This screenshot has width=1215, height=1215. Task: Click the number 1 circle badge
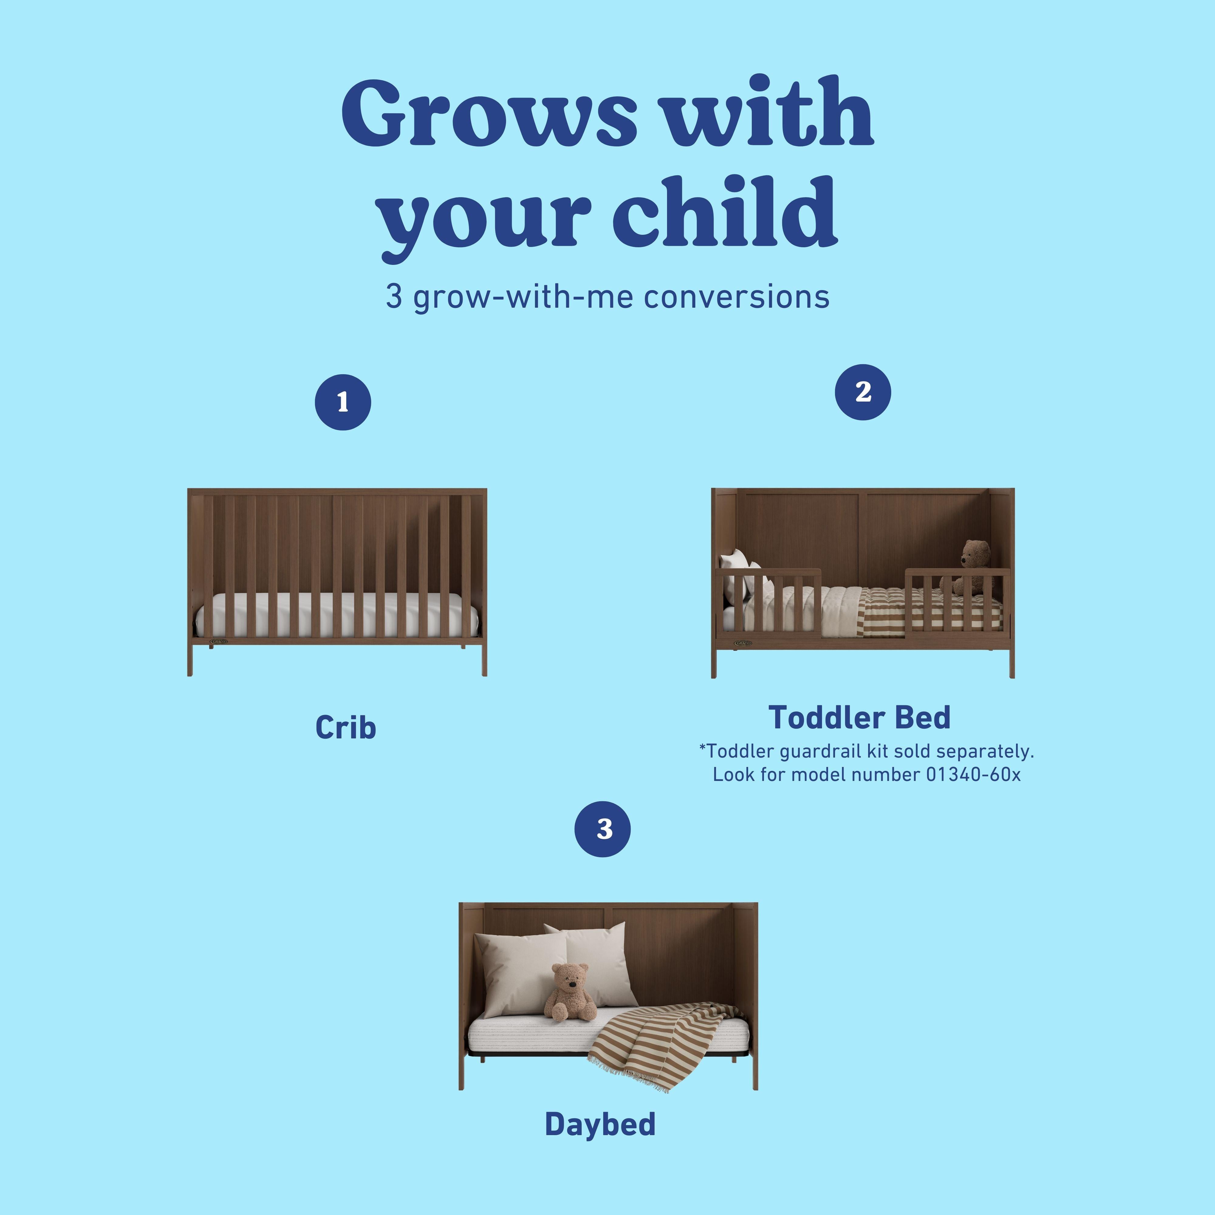point(343,402)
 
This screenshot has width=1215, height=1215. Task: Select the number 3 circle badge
point(602,829)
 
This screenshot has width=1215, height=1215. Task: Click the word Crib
point(345,727)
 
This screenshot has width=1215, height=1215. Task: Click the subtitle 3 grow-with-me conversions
point(607,297)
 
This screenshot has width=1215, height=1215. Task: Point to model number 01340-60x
point(973,774)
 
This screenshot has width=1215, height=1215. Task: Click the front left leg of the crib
point(190,660)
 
